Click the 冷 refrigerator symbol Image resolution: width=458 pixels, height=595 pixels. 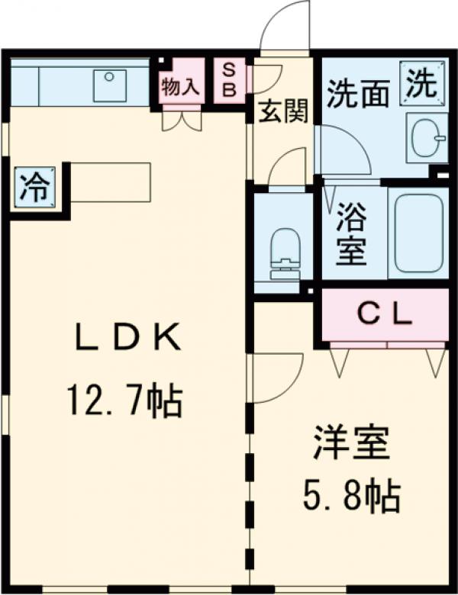[x=33, y=188]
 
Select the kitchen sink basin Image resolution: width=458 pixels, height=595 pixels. [x=110, y=85]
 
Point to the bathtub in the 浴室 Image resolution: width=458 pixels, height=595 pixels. [x=418, y=232]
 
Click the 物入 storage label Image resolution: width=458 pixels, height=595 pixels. [x=180, y=86]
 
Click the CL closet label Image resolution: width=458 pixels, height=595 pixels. [x=385, y=314]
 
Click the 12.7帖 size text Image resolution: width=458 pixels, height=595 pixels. [x=124, y=400]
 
